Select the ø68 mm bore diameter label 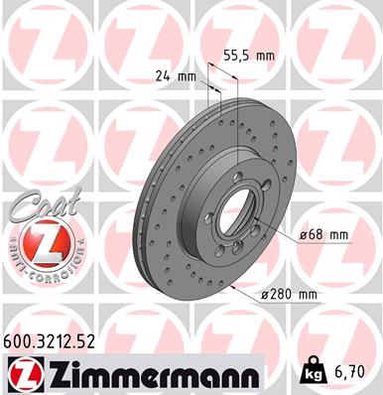pyautogui.click(x=323, y=234)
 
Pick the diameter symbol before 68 pyautogui.click(x=302, y=234)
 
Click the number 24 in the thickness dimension pyautogui.click(x=161, y=75)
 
